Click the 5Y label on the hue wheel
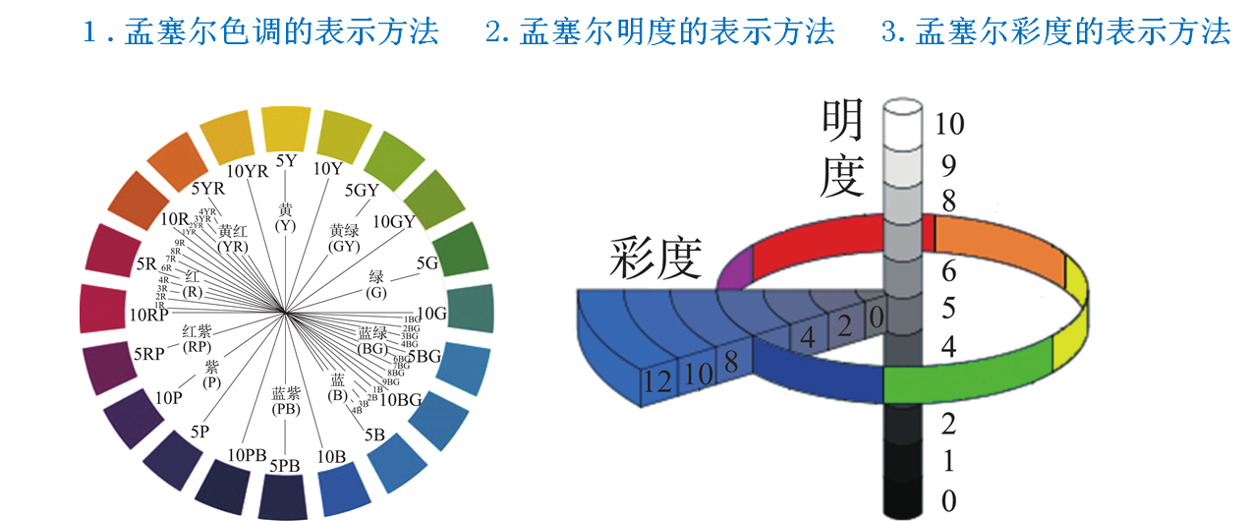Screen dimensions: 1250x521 click(x=286, y=160)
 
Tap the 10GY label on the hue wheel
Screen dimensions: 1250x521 click(x=394, y=221)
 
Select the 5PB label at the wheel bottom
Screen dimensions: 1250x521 click(x=285, y=465)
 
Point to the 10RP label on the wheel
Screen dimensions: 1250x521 click(x=149, y=317)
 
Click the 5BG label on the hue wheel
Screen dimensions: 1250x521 click(x=425, y=357)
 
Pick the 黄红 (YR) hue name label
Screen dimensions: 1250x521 click(x=233, y=238)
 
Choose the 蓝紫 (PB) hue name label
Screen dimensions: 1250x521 click(x=285, y=400)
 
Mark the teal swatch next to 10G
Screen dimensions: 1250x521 click(x=470, y=309)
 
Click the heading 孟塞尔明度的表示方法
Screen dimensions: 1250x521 click(x=659, y=31)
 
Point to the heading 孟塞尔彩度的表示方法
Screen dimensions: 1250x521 click(x=1056, y=31)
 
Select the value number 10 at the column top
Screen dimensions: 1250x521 click(x=950, y=124)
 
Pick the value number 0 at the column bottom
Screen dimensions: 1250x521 click(x=947, y=501)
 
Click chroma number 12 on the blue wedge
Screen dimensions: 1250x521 click(x=660, y=381)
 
